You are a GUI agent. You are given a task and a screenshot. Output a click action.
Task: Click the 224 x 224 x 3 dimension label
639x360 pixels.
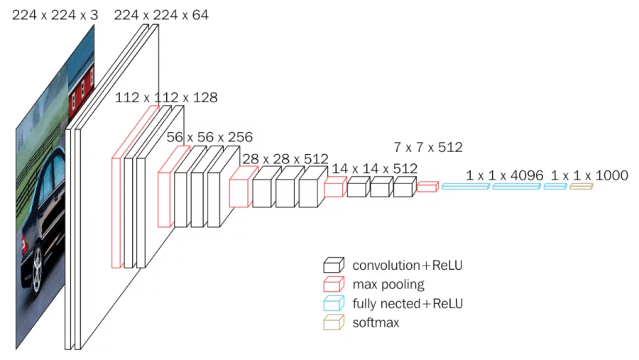55,14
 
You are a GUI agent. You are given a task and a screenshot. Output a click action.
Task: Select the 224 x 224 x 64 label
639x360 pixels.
161,14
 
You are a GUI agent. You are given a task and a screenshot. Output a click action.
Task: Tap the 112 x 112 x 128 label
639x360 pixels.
166,97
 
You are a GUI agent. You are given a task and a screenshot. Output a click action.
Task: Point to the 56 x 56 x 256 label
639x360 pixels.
209,136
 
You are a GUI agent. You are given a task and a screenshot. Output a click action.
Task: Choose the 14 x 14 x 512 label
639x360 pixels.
375,168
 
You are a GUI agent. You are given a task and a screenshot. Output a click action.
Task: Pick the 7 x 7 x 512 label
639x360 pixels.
428,148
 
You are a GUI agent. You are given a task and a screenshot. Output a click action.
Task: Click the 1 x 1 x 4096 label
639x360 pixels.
505,175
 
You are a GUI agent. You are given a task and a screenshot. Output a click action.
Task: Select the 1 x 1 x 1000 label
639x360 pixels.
589,175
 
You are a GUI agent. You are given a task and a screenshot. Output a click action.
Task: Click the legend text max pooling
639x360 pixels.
388,285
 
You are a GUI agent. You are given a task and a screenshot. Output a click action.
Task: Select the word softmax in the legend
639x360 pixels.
376,323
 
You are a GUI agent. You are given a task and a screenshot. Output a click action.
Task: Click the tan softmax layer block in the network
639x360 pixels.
581,186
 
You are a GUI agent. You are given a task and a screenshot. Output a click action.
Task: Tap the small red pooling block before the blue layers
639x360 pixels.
427,187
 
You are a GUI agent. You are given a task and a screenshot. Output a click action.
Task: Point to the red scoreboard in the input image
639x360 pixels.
80,92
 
